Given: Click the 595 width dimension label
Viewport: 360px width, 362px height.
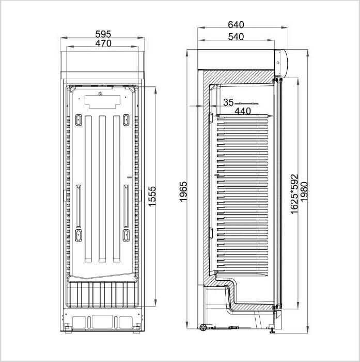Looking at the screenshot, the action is [103, 34].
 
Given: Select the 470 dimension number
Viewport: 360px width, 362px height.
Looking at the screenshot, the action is [103, 43].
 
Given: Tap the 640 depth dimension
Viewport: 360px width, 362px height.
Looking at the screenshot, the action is [236, 24].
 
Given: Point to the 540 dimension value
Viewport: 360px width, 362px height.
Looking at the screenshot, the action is [236, 37].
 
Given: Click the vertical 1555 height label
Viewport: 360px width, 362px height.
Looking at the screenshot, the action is [152, 197].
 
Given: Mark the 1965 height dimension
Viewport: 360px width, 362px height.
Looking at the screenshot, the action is [183, 192].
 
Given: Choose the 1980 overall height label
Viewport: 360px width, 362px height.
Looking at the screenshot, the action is [304, 192].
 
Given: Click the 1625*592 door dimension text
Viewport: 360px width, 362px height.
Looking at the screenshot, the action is [294, 194].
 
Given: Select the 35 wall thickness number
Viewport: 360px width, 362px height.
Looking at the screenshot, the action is [228, 102].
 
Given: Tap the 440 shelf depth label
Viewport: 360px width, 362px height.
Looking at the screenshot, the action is [243, 111].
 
